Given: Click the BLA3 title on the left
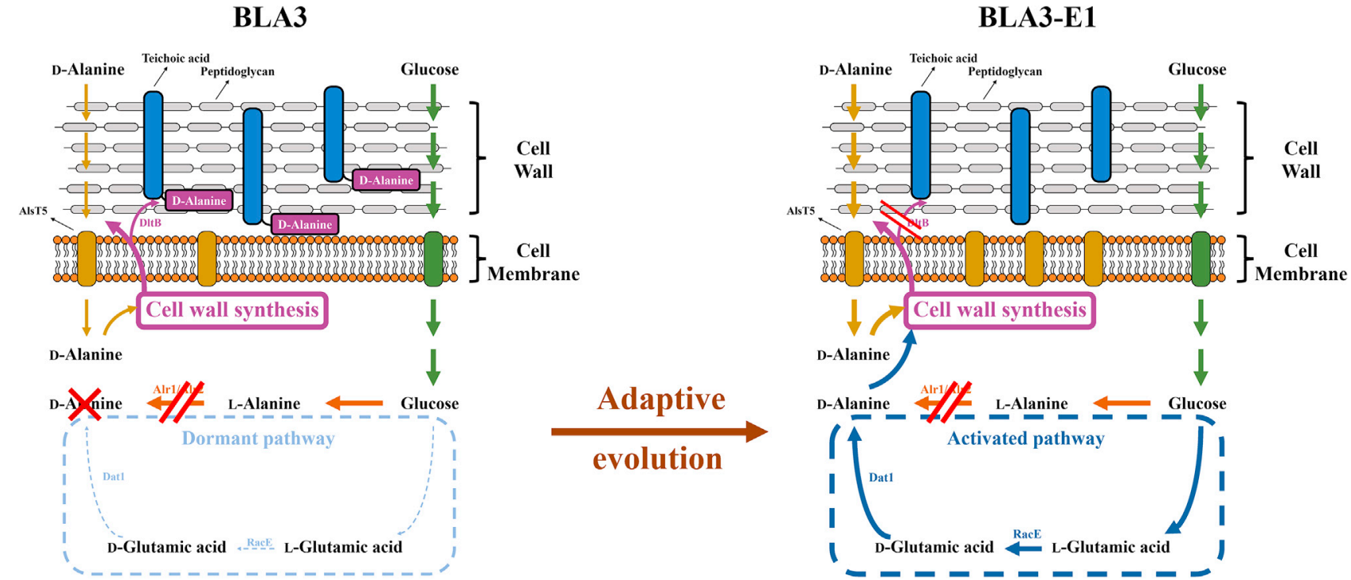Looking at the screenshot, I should [269, 17].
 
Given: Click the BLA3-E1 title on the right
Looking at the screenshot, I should [1037, 17].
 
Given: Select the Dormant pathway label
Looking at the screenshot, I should [258, 438].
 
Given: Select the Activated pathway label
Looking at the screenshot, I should [1026, 438].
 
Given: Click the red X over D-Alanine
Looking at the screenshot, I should [85, 404].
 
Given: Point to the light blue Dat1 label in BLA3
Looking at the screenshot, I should [113, 476].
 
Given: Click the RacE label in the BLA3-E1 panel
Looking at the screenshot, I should [1026, 534].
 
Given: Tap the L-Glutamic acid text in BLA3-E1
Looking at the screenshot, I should [1110, 547].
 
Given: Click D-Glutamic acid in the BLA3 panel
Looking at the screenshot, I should [166, 547].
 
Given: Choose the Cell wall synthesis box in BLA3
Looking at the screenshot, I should [232, 309].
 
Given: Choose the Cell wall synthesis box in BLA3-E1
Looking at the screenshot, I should [999, 309].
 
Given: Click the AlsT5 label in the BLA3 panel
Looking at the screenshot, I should [33, 211].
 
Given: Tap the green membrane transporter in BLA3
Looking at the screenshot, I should [433, 259].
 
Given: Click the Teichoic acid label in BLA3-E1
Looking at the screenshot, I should [943, 58].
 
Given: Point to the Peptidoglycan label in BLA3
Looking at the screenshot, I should [237, 71].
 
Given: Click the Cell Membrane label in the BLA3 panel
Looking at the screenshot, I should [533, 262].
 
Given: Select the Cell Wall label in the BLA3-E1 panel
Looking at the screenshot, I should [1300, 160].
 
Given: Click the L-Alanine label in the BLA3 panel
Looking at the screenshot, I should [264, 404].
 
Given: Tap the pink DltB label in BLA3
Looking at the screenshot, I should [150, 223].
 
